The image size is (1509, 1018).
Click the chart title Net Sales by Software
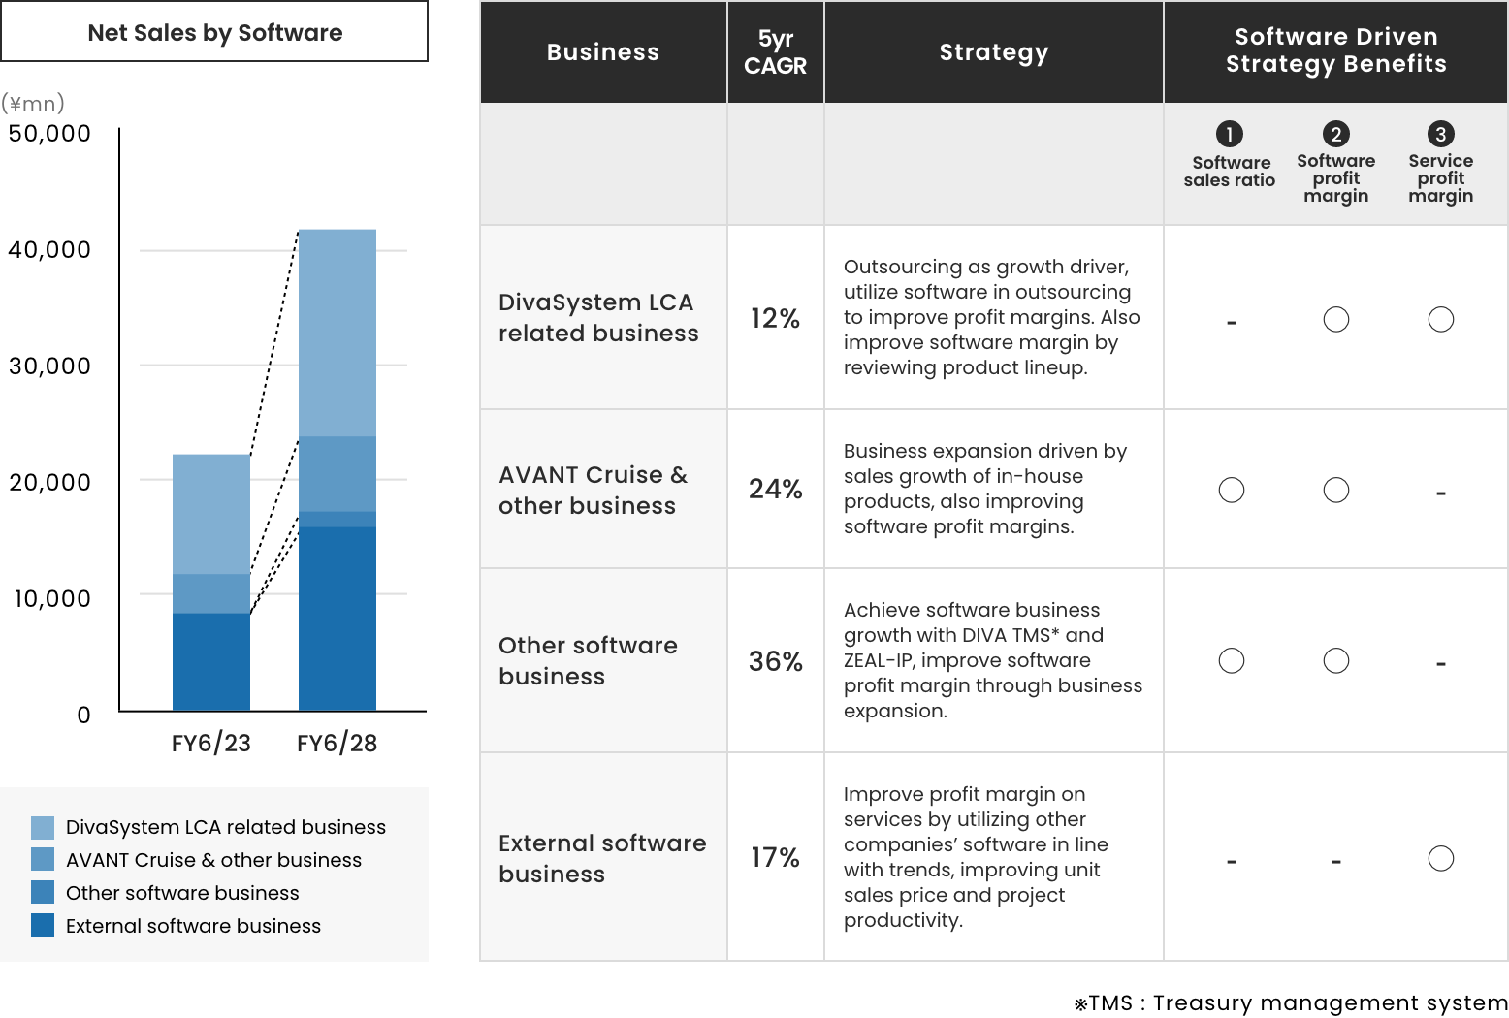click(215, 32)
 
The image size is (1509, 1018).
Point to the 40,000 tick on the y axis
click(49, 250)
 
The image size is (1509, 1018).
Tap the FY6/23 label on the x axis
click(210, 744)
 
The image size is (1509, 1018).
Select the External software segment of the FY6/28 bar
click(337, 619)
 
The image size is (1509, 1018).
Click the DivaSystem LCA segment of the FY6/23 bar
click(210, 515)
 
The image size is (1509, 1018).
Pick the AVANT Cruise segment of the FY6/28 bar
click(337, 474)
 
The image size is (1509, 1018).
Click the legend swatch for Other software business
click(43, 892)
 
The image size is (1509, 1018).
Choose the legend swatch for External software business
click(43, 925)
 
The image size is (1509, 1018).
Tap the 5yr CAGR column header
click(776, 51)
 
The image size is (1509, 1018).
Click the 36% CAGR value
click(776, 661)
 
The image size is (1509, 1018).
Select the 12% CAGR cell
click(776, 318)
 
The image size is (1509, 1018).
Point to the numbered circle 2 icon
click(1335, 134)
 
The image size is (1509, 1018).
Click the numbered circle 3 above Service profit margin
click(1440, 134)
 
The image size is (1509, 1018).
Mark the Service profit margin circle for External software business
click(1441, 845)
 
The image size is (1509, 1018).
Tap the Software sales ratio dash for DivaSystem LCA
click(1232, 323)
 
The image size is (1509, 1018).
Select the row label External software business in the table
click(602, 858)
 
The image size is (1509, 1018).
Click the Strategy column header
click(994, 51)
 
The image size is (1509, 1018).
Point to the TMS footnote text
click(1291, 1003)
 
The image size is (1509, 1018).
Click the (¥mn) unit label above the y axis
click(33, 103)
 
